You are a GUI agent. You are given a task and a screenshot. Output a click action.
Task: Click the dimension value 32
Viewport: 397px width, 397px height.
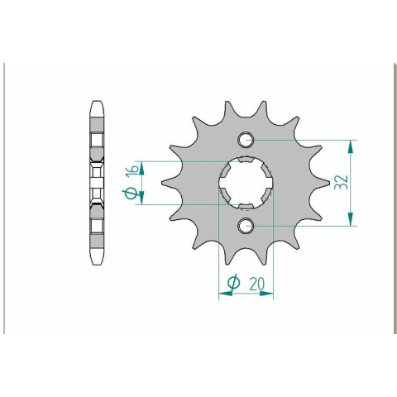tap(341, 182)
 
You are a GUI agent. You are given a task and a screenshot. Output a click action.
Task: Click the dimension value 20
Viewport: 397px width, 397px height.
tap(256, 284)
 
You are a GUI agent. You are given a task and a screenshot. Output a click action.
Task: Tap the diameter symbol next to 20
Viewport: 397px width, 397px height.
tap(233, 283)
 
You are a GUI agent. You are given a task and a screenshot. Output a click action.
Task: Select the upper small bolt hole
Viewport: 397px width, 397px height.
tap(246, 140)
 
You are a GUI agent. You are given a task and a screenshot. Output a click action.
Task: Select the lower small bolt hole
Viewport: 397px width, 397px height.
tap(246, 226)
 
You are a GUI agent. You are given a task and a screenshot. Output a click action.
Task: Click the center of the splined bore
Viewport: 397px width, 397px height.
tap(246, 183)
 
